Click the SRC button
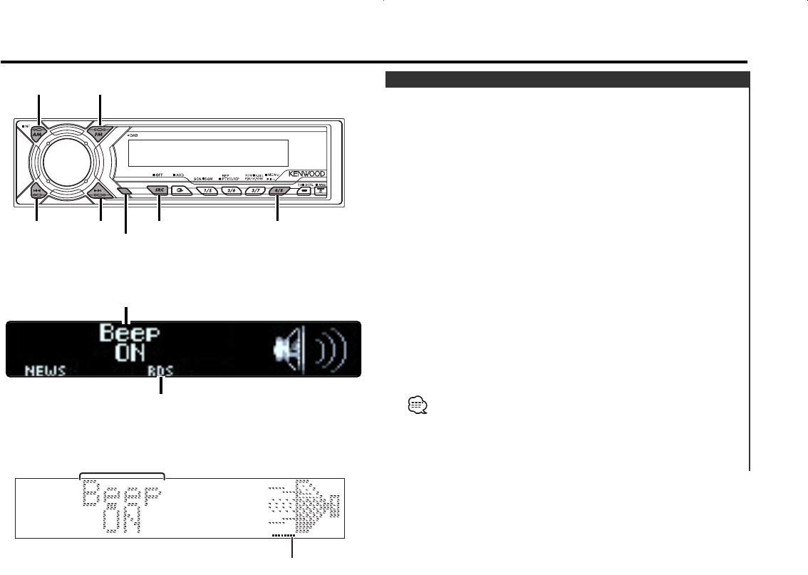pos(158,191)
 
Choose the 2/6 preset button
pos(230,191)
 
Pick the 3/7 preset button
pos(254,191)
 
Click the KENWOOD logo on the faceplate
pos(308,173)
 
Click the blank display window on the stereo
pos(208,152)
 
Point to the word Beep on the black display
pos(130,333)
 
